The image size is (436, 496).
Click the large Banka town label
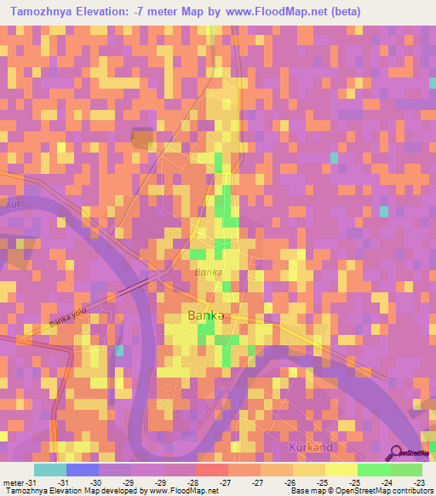205,314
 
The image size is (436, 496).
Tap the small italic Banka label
208,273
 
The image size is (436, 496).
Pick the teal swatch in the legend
50,470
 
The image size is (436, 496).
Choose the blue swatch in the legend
83,470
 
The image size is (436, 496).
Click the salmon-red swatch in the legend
212,470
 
